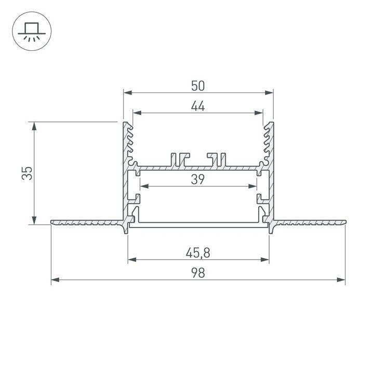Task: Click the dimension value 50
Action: click(198, 86)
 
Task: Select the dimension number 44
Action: click(198, 106)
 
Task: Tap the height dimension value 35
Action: click(27, 173)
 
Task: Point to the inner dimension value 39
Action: click(198, 179)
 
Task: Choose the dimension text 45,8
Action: click(198, 253)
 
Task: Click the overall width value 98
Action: click(198, 273)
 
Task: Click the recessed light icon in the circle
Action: click(32, 32)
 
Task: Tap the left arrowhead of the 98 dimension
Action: click(56, 279)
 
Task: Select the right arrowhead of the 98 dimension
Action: click(341, 279)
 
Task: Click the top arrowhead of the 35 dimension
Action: click(34, 126)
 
